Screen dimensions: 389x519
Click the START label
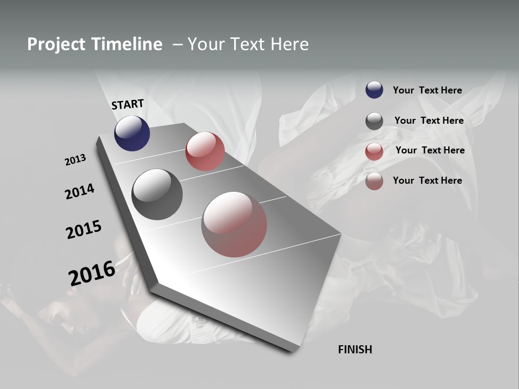click(x=128, y=104)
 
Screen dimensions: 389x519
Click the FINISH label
click(x=355, y=350)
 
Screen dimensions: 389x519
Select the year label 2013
click(x=75, y=160)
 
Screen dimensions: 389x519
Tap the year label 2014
click(x=79, y=191)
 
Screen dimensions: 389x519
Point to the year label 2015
click(x=84, y=230)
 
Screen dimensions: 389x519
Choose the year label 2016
click(x=92, y=273)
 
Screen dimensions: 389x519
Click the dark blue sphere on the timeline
click(x=132, y=133)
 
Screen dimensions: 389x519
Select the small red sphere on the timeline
click(x=205, y=151)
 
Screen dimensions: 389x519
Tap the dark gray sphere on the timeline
click(x=157, y=194)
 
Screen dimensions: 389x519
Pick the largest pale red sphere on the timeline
click(x=234, y=224)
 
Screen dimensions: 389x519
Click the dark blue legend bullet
click(x=374, y=90)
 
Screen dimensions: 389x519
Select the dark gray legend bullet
click(x=374, y=121)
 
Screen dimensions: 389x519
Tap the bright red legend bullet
click(x=374, y=151)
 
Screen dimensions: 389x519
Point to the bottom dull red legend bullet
click(x=374, y=181)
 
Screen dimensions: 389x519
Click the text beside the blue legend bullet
click(x=427, y=90)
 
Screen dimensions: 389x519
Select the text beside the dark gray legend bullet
click(x=429, y=120)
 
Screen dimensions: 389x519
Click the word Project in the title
click(x=57, y=44)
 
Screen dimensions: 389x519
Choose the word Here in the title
click(x=290, y=44)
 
